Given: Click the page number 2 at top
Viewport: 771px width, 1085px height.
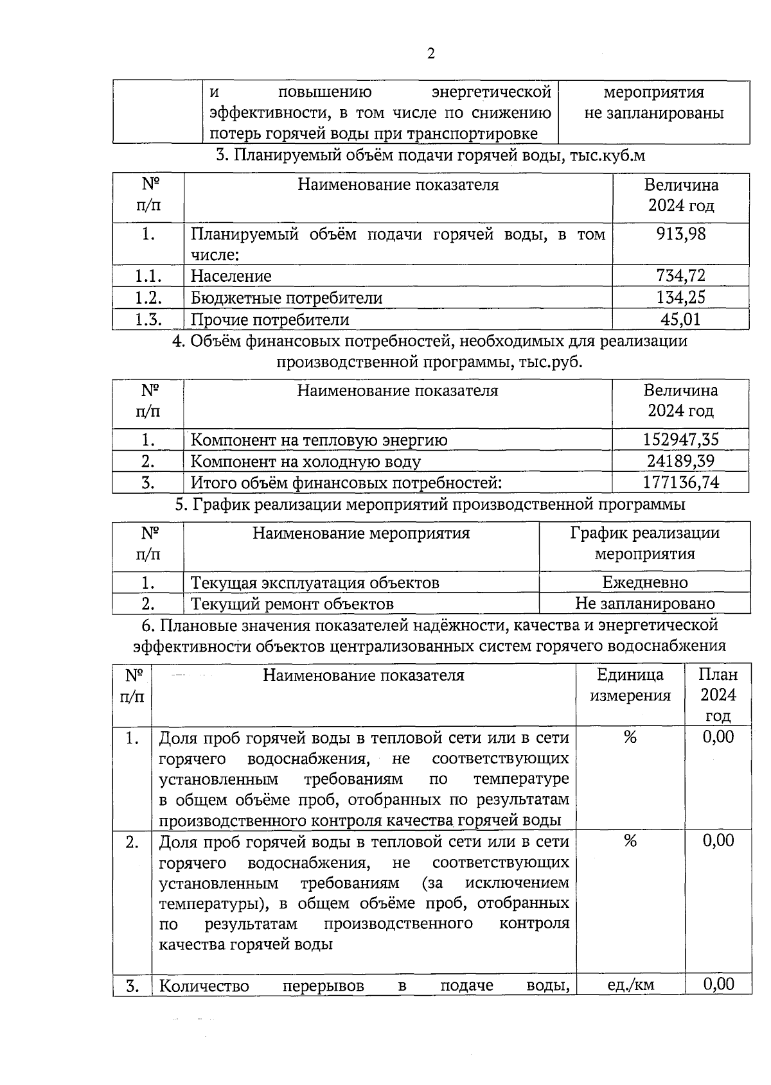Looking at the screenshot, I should pyautogui.click(x=430, y=54).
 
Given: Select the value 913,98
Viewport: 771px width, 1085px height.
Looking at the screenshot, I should pyautogui.click(x=680, y=234).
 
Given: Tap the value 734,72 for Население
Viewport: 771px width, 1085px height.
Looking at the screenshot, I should pyautogui.click(x=680, y=276).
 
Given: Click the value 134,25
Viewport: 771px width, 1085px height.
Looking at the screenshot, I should pyautogui.click(x=680, y=297).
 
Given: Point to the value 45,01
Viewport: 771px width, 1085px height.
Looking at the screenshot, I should pyautogui.click(x=680, y=319).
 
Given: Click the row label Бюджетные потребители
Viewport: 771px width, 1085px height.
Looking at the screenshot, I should pyautogui.click(x=287, y=298).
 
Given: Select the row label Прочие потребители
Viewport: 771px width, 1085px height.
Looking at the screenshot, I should pyautogui.click(x=270, y=320).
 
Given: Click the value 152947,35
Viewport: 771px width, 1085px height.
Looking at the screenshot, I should pyautogui.click(x=680, y=440).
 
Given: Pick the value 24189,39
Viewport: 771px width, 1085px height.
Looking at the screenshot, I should pyautogui.click(x=680, y=461).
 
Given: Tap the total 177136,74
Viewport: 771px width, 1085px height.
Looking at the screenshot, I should pyautogui.click(x=680, y=482).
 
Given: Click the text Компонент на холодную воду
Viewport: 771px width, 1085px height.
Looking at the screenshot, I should pyautogui.click(x=306, y=462).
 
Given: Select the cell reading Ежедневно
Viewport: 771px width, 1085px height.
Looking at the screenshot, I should pyautogui.click(x=644, y=582).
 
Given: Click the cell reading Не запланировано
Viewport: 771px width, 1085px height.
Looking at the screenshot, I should pyautogui.click(x=644, y=603).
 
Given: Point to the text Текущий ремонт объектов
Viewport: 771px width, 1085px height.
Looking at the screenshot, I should pyautogui.click(x=292, y=604).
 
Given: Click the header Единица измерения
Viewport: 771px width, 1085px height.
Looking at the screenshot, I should pyautogui.click(x=630, y=685).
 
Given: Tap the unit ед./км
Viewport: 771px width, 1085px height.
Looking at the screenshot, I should pyautogui.click(x=630, y=985).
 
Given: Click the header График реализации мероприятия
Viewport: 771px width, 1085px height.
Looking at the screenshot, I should pyautogui.click(x=644, y=543).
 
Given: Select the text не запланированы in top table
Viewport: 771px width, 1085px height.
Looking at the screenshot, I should pyautogui.click(x=653, y=114).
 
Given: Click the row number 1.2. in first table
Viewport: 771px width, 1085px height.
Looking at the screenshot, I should pyautogui.click(x=148, y=297).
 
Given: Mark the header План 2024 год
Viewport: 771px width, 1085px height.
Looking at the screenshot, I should pyautogui.click(x=718, y=695).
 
